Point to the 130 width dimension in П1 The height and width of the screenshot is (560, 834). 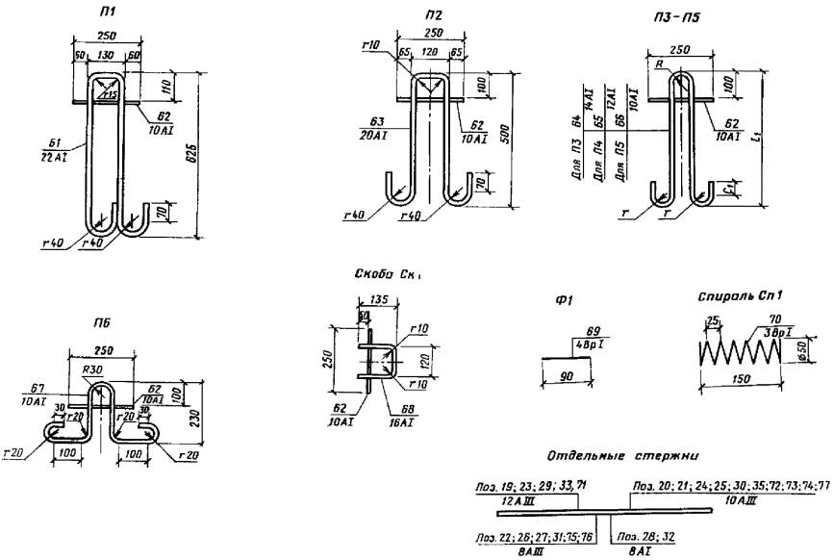[107, 57]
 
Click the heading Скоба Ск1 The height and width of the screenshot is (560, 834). [389, 273]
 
